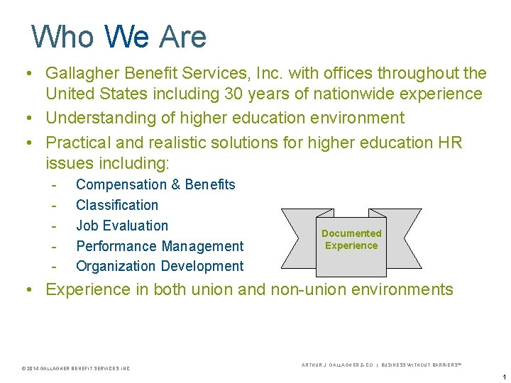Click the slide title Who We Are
(119, 36)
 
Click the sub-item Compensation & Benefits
(155, 184)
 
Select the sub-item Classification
(117, 205)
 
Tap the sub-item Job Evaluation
(122, 226)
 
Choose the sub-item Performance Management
(160, 246)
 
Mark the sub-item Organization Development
(160, 266)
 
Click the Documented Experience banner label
(351, 240)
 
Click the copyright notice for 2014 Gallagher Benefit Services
(76, 368)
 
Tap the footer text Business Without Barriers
(422, 365)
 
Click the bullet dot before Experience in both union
(26, 289)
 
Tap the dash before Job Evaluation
(53, 226)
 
